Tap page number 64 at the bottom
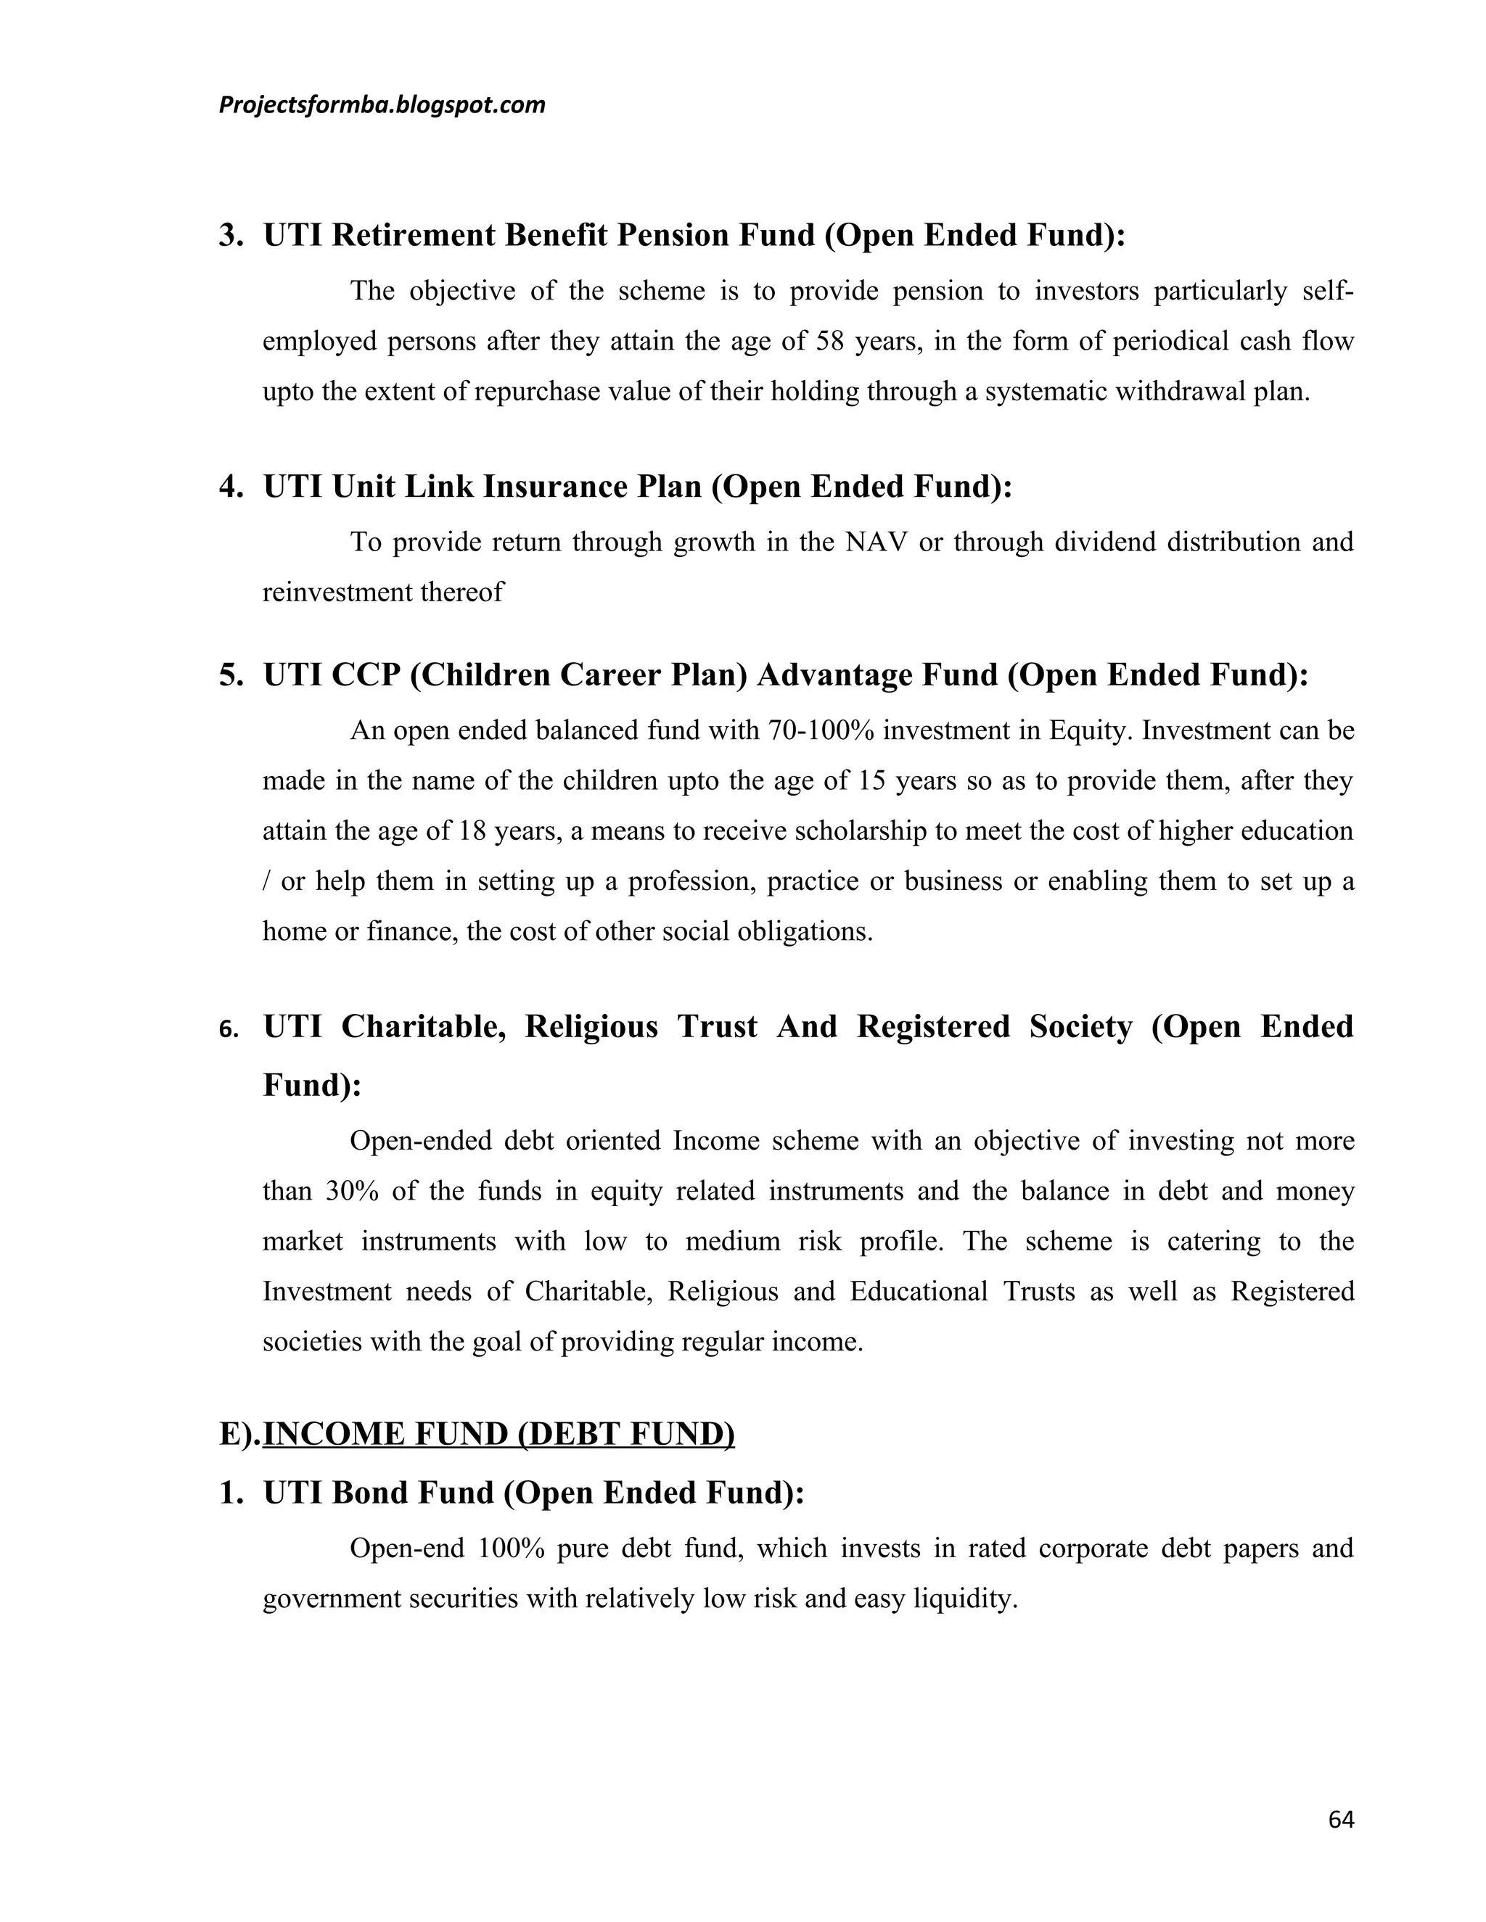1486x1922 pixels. tap(1341, 1820)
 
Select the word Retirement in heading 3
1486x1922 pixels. tap(414, 235)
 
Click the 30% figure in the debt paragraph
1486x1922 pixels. tap(352, 1191)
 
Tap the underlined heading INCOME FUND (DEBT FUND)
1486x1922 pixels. tap(498, 1434)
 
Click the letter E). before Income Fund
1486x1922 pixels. tap(239, 1434)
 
